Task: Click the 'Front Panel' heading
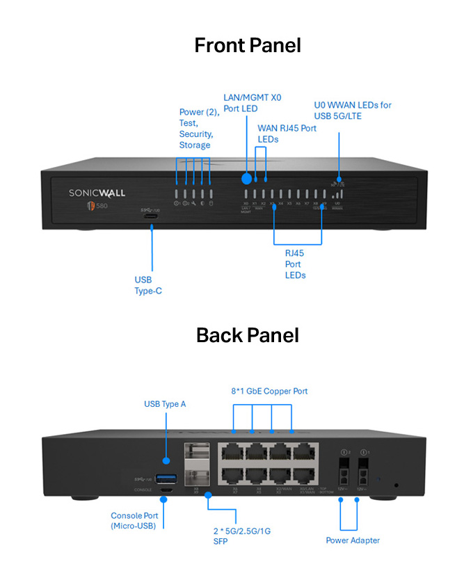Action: (248, 46)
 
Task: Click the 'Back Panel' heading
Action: (248, 335)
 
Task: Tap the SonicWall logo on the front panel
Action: (97, 193)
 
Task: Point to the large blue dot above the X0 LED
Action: (246, 177)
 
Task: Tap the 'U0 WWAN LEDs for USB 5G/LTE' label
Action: (352, 110)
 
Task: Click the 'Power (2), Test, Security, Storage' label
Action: (199, 128)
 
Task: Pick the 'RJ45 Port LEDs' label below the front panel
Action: (295, 264)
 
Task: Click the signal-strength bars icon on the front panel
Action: (338, 195)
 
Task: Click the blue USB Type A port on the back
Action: (166, 478)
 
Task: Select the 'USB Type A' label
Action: (165, 403)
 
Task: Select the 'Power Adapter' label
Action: (353, 540)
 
